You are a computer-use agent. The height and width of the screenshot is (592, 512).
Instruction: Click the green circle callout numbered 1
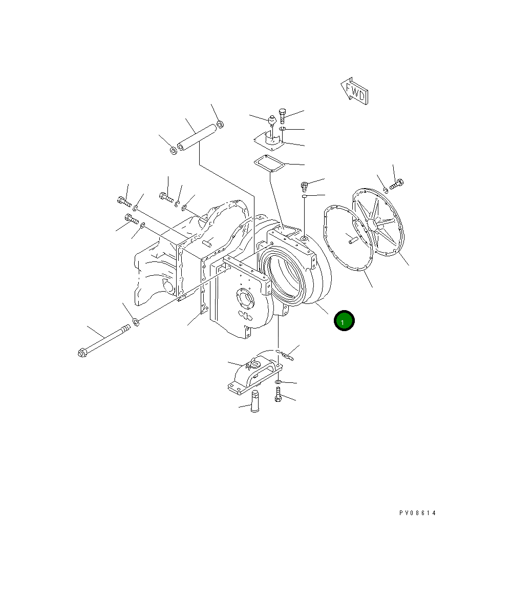(344, 321)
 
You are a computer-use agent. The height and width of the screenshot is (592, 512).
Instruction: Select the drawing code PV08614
(418, 513)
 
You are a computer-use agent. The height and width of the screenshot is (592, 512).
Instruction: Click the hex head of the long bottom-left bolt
(82, 353)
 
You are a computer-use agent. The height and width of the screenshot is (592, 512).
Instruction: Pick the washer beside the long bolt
(136, 322)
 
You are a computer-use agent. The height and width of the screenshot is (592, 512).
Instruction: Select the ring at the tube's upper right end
(220, 124)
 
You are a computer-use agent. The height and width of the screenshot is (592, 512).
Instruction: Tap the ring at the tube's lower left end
(173, 151)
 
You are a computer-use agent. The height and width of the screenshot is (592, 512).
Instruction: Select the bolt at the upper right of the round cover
(397, 184)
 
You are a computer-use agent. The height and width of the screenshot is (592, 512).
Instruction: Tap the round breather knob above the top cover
(272, 121)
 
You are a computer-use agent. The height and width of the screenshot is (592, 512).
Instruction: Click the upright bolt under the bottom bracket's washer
(278, 394)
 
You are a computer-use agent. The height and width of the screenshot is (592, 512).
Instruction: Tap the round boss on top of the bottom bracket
(254, 364)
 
